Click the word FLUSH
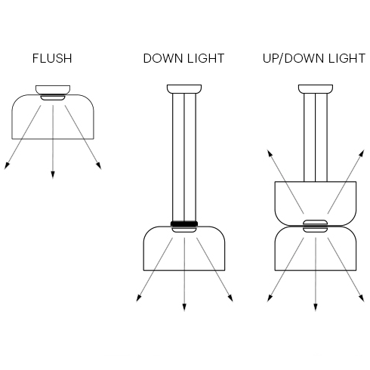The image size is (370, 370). pos(52,58)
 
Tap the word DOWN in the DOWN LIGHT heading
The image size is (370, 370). pos(163,58)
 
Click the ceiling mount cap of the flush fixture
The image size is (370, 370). pos(53,90)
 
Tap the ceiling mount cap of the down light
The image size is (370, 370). pos(184,89)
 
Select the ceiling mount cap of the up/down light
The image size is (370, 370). pos(316,89)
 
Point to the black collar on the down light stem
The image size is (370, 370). pos(184,224)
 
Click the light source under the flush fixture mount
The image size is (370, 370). pos(53,97)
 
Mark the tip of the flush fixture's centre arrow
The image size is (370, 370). pos(53,179)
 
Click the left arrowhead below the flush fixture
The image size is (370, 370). pos(7,165)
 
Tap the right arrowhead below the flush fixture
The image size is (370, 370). pos(99,165)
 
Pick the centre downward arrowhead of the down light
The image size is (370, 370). pos(184,307)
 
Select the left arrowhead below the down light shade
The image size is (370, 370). pos(139,298)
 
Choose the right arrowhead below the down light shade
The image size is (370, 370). pos(230,298)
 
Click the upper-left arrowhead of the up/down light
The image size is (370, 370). pos(270,153)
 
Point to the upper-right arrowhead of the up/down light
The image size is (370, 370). pos(362,153)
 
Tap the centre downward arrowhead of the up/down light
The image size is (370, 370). pos(316,307)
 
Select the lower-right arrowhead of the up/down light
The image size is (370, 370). pos(362,298)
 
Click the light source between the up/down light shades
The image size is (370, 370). pos(316,226)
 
